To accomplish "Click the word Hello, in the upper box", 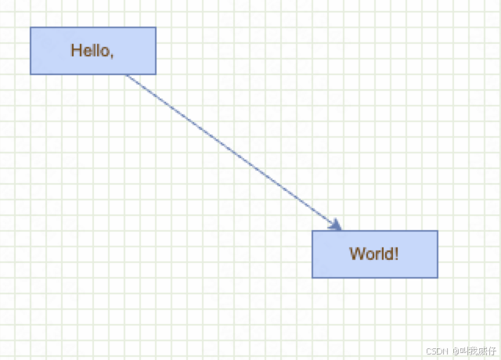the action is coord(92,51).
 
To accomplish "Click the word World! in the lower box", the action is coord(374,254).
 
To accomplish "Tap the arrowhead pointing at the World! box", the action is coord(337,226).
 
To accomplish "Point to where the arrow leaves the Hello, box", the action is coord(126,75).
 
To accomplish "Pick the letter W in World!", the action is coord(357,254).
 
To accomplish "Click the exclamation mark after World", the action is coord(397,254).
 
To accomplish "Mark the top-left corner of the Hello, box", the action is coord(31,27).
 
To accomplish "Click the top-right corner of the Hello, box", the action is coord(156,27).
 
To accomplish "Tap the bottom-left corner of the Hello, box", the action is coord(31,74).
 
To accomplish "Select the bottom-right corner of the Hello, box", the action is coord(156,74).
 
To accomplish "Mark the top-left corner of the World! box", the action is coord(312,231).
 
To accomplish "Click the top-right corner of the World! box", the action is coord(438,231).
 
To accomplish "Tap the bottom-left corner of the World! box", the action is coord(312,278).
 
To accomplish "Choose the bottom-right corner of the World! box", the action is coord(438,278).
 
